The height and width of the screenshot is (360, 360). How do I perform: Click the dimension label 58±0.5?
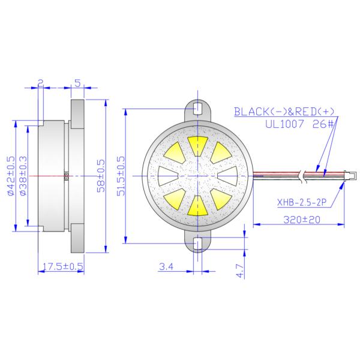101,176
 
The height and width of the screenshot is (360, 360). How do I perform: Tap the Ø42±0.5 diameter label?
11,176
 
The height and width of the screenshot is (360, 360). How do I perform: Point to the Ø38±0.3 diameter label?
23,176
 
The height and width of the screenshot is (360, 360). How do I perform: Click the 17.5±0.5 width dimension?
61,266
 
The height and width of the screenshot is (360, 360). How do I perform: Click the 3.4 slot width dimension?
166,266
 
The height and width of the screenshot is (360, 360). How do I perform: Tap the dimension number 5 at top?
78,83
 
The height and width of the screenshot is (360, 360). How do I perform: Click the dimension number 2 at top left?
40,83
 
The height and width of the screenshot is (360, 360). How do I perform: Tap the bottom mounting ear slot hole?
197,244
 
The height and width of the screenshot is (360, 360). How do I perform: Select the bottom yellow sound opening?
197,205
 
